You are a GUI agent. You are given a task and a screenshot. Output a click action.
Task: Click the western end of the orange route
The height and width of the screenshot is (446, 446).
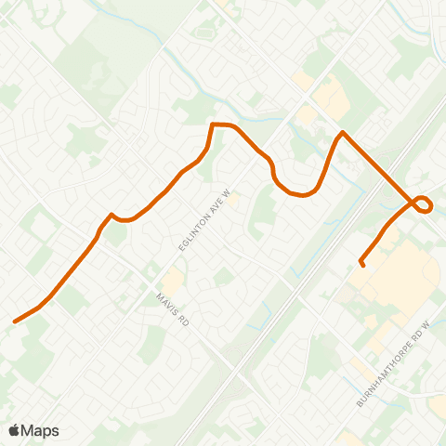pyautogui.click(x=15, y=322)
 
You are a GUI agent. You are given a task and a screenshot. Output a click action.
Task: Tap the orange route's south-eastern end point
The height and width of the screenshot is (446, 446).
pyautogui.click(x=361, y=266)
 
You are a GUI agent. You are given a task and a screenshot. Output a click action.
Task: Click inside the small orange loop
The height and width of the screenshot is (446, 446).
pyautogui.click(x=424, y=204)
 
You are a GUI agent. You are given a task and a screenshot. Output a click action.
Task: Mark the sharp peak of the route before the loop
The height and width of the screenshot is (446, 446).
pyautogui.click(x=343, y=133)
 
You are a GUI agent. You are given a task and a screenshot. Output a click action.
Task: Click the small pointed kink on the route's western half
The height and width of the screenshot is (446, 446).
pyautogui.click(x=111, y=216)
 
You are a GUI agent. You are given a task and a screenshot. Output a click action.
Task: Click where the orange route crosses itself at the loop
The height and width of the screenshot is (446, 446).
pyautogui.click(x=414, y=200)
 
